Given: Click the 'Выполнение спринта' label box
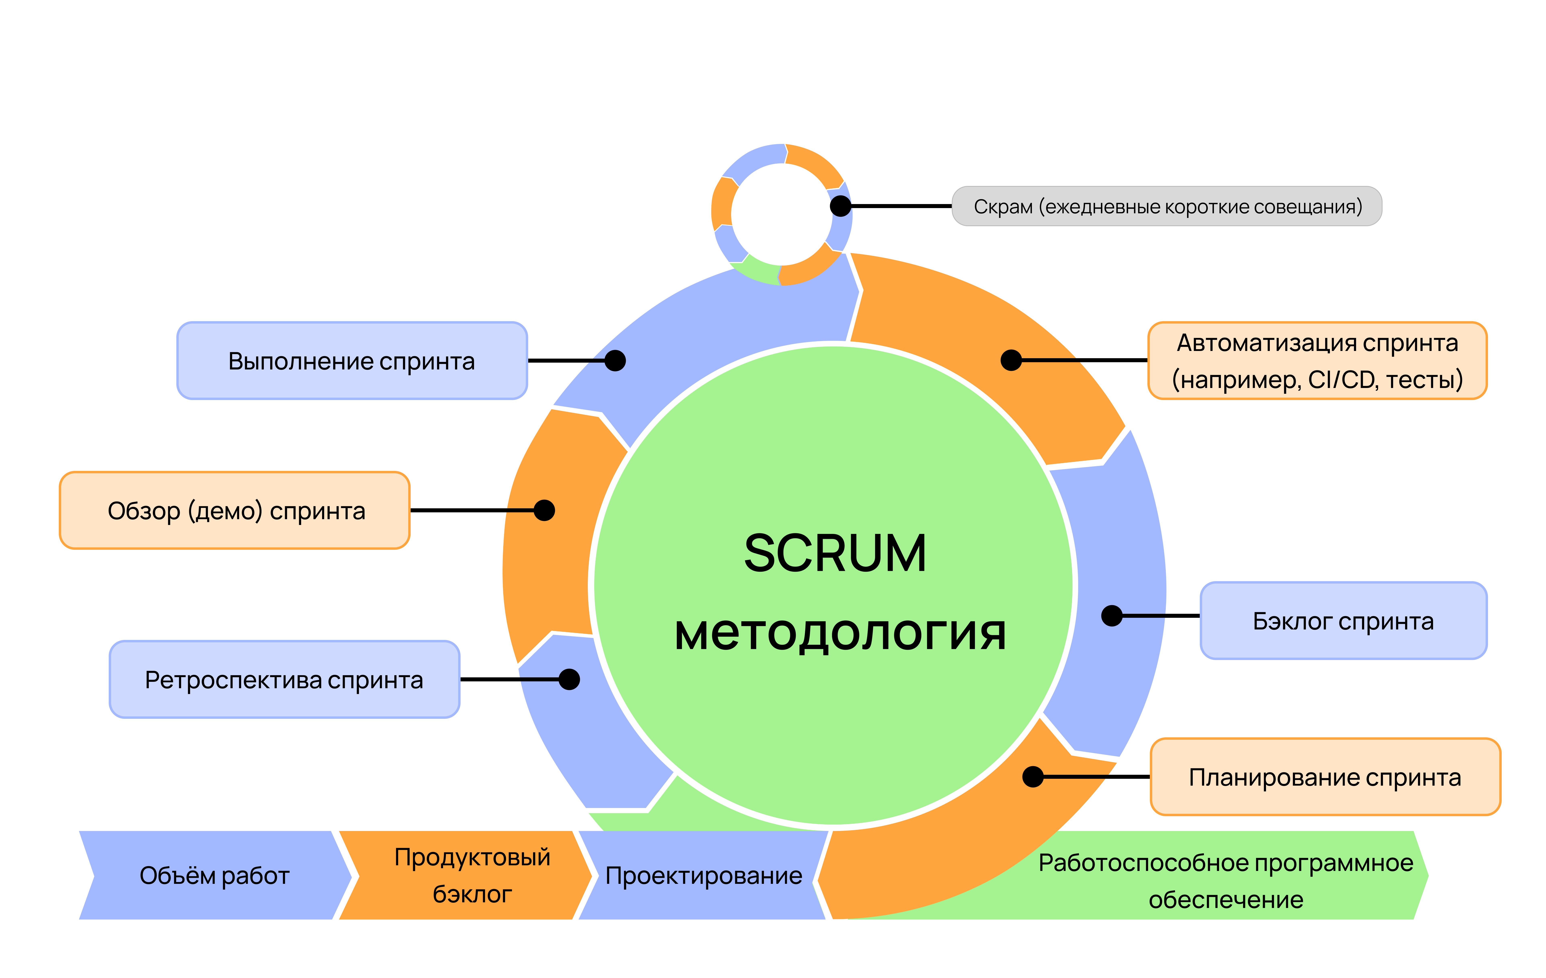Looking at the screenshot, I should (352, 361).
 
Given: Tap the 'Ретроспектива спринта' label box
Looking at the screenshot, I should (284, 680).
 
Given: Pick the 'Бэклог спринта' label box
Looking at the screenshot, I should (1343, 621).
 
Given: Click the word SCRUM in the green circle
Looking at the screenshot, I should (835, 553).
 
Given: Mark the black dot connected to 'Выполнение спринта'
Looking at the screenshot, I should (615, 361).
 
